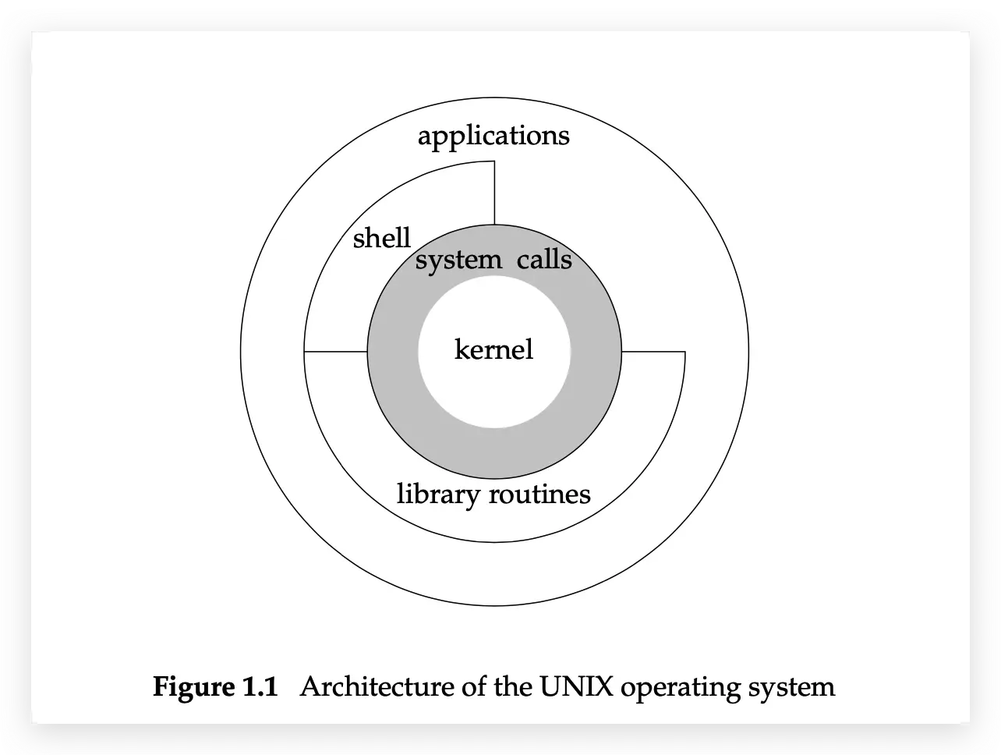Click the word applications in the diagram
point(493,137)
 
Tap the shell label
point(381,238)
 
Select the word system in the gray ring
point(458,260)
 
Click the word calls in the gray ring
point(544,259)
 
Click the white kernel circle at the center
point(493,382)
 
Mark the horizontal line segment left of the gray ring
point(335,352)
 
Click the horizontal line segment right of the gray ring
point(653,352)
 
